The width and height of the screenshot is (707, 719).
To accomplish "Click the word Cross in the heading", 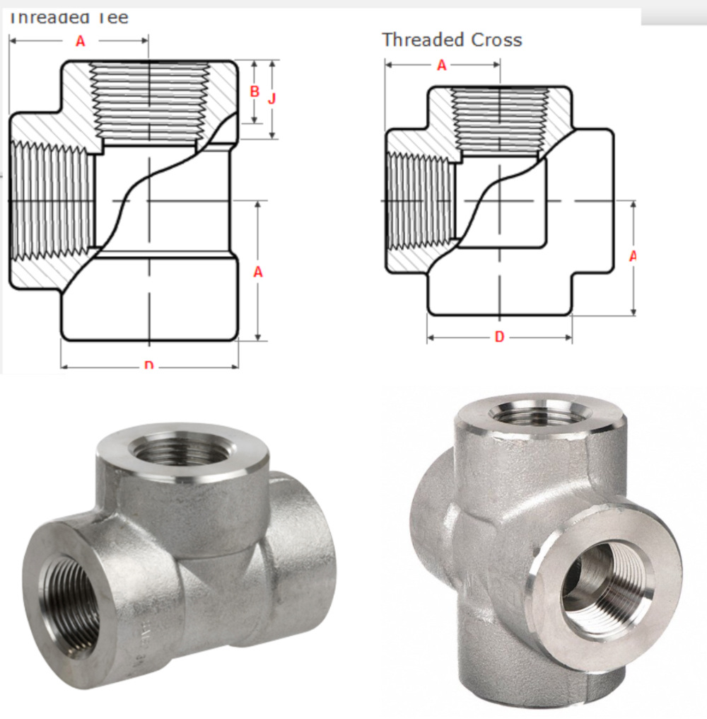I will click(494, 40).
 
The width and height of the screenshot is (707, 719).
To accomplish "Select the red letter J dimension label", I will click(271, 98).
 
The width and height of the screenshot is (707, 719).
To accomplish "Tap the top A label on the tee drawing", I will click(80, 41).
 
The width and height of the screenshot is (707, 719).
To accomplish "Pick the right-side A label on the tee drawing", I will click(258, 271).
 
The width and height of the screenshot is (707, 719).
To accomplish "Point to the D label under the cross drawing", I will click(499, 337).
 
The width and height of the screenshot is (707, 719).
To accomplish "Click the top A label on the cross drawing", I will click(442, 65).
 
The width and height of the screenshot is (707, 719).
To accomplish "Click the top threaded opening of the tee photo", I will click(182, 450).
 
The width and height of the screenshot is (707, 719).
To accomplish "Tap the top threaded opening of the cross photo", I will click(539, 413).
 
